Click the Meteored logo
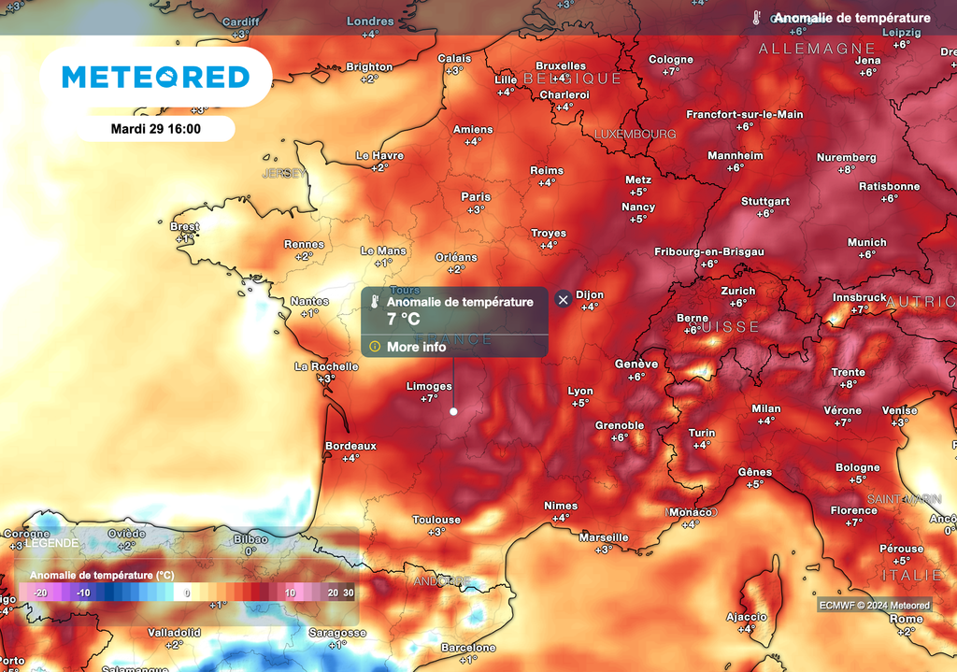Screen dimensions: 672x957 156,77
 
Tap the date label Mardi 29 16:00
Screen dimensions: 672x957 155,129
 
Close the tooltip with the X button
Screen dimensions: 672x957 563,299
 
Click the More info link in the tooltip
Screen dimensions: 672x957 416,347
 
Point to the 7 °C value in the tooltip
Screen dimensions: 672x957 404,320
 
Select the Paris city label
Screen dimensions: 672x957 476,197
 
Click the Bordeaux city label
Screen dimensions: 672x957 350,446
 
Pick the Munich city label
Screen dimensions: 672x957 866,243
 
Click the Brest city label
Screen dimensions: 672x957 185,227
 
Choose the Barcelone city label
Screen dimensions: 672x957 468,648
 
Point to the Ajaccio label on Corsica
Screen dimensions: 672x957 747,617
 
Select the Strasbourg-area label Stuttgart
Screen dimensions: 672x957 765,201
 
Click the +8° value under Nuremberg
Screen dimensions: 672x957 846,170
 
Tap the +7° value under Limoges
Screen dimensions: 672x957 429,398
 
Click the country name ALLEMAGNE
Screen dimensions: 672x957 817,49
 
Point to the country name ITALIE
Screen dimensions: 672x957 912,575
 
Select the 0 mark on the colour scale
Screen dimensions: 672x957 187,593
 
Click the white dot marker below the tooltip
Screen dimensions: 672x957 453,410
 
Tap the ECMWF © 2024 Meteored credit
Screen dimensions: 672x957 874,606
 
